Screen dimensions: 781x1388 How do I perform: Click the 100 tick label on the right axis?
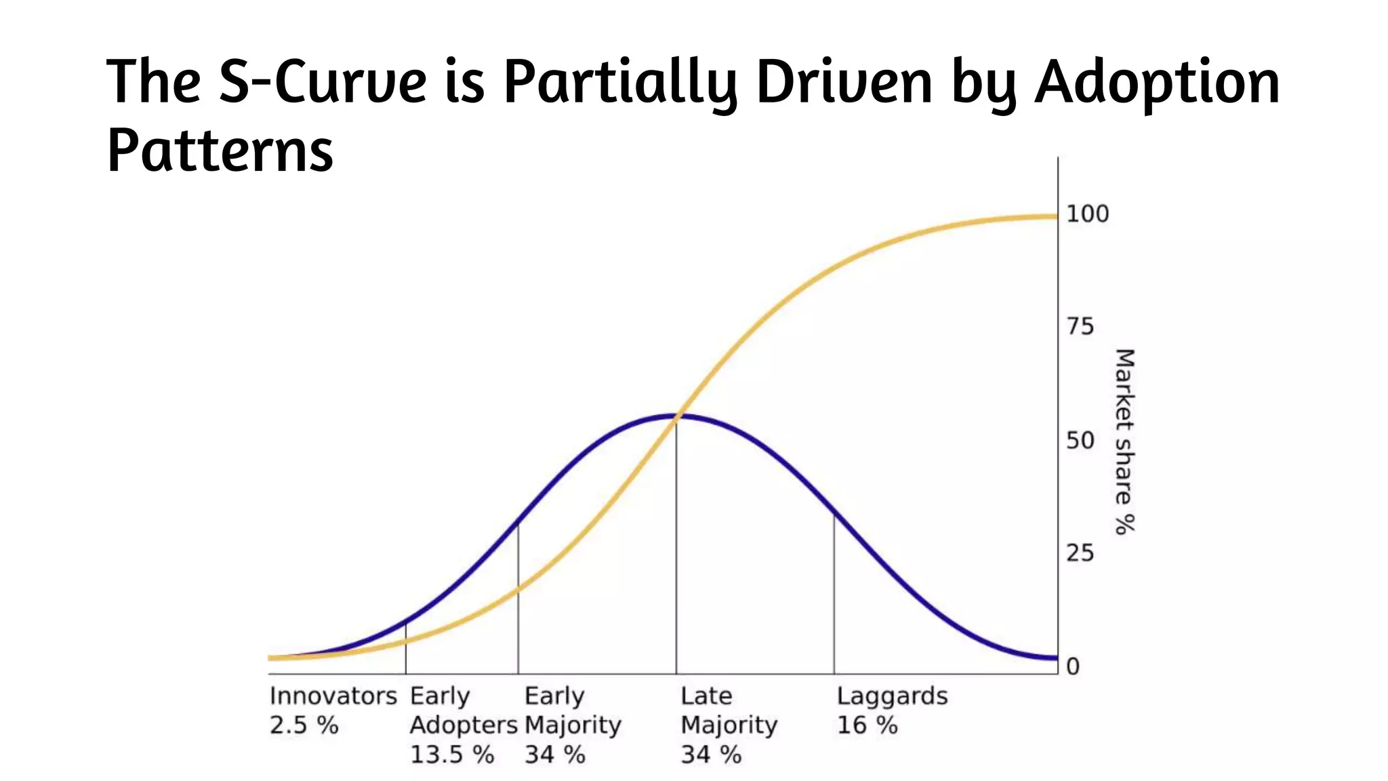(1087, 214)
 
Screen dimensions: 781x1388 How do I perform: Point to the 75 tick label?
(1080, 327)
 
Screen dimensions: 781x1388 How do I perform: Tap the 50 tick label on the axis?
(1080, 441)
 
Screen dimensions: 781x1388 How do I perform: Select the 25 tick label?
(1080, 553)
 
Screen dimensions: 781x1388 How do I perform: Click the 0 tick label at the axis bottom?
(1072, 666)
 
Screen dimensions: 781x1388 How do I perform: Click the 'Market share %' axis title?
(1124, 441)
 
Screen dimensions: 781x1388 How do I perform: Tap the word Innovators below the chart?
(333, 696)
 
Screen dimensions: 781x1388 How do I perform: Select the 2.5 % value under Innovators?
(304, 725)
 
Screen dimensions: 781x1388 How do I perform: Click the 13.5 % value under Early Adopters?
(451, 755)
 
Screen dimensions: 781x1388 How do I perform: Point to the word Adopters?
(463, 725)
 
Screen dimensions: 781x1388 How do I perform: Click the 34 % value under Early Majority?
(554, 755)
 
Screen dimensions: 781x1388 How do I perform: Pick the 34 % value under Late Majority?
(710, 755)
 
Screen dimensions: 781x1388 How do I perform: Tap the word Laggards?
(892, 696)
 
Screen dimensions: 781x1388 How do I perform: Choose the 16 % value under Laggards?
(867, 725)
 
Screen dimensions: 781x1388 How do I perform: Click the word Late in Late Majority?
(706, 696)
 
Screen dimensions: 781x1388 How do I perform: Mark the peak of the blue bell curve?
(676, 415)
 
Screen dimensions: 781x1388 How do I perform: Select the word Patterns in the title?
(220, 151)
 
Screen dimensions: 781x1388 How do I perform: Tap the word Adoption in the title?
(1157, 82)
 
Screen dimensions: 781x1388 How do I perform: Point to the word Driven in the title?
(844, 82)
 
